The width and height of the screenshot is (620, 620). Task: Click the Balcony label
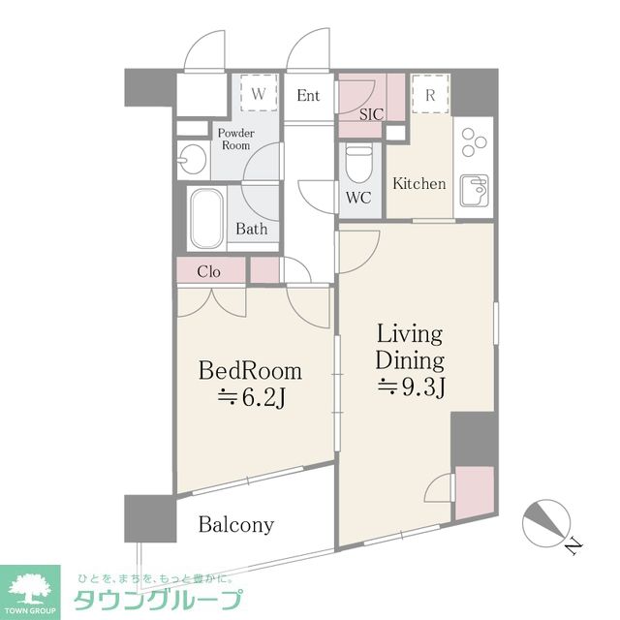coord(236,525)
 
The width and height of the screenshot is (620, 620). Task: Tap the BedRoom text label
coord(250,370)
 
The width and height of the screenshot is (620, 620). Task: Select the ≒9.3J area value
coord(410,388)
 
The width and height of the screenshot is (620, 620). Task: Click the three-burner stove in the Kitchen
coord(473,141)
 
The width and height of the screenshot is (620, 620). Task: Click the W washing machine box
coord(259,94)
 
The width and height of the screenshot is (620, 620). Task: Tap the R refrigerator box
coord(429,95)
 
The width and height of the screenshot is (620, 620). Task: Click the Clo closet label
coord(208,271)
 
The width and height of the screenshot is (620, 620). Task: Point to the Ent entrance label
coord(308,95)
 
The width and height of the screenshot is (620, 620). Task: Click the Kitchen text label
coord(419,183)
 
